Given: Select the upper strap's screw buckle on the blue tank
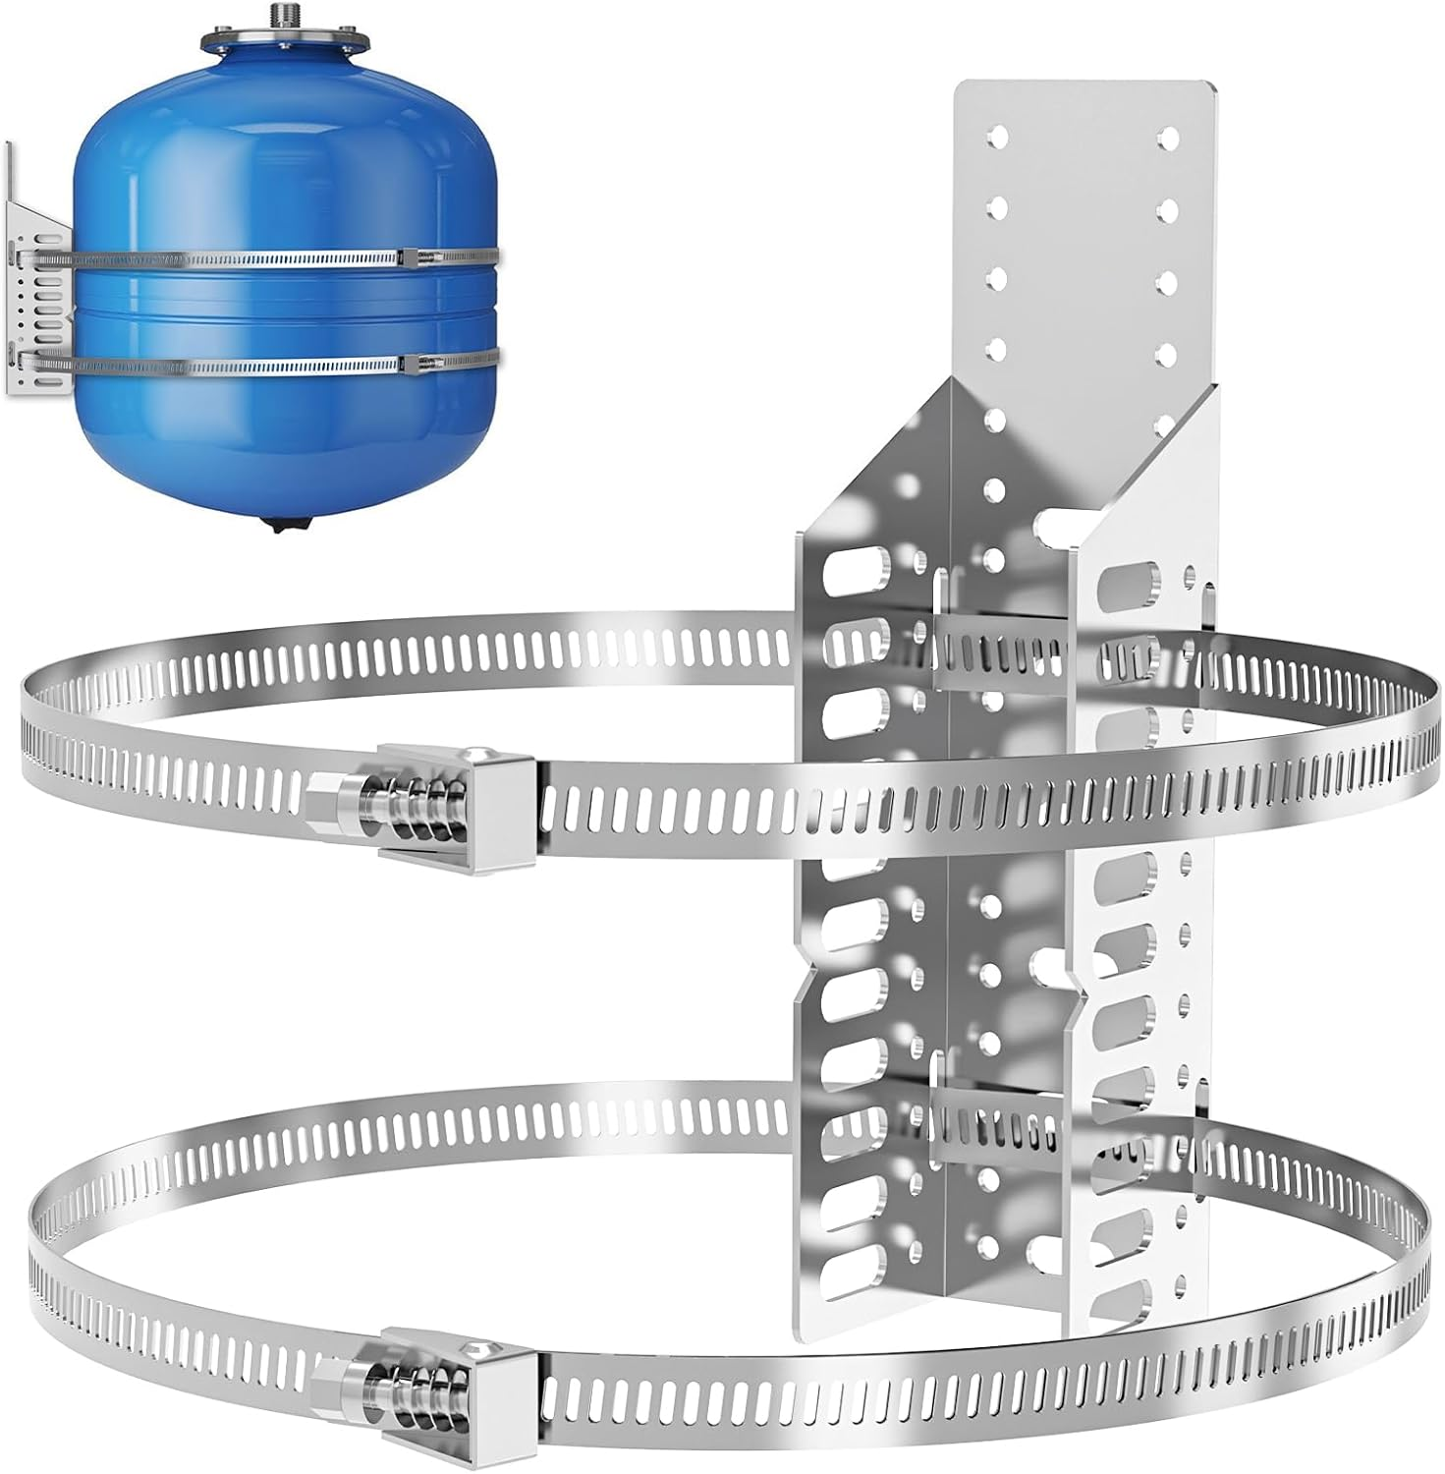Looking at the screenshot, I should click(x=414, y=257).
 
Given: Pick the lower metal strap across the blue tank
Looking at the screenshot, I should click(x=246, y=366).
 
